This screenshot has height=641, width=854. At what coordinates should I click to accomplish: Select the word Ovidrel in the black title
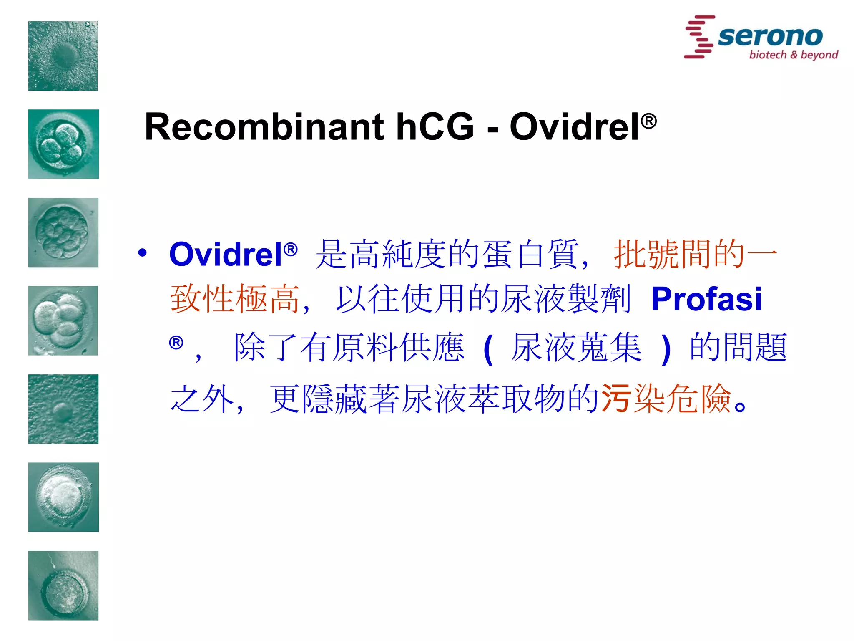[x=575, y=127]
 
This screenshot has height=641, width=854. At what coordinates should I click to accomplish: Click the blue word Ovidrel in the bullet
[x=226, y=254]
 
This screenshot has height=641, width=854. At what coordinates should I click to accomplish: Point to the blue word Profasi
[x=706, y=299]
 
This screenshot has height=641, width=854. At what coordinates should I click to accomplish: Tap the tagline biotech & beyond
[x=793, y=55]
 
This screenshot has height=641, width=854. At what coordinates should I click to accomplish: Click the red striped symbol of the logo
[x=699, y=37]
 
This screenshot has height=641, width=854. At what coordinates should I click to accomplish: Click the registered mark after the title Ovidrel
[x=649, y=121]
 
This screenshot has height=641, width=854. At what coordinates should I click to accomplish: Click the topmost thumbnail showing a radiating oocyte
[x=63, y=56]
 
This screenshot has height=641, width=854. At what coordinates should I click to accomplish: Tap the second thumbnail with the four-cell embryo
[x=63, y=144]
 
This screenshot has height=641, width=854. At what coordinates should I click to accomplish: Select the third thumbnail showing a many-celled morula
[x=63, y=232]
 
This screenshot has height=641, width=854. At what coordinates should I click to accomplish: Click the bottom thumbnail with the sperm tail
[x=63, y=585]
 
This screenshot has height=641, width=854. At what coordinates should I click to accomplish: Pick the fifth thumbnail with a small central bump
[x=63, y=409]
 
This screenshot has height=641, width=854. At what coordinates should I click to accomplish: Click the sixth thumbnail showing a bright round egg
[x=63, y=497]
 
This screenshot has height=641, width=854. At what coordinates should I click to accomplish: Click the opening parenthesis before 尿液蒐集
[x=488, y=350]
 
